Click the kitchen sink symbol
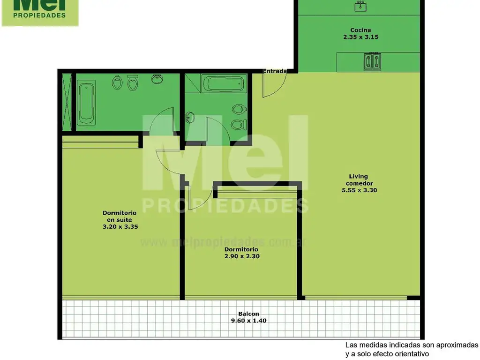tap(360, 6)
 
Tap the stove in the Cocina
tap(372, 61)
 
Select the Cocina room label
tap(360, 30)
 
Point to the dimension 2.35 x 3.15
tap(360, 37)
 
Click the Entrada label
tap(275, 71)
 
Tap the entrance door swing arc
tap(281, 89)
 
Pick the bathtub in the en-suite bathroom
tap(86, 102)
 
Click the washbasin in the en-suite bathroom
tap(157, 79)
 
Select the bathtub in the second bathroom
tap(224, 83)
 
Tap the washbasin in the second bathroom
tap(190, 117)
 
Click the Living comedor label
tap(359, 180)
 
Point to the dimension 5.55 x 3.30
tap(360, 190)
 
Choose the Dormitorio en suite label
tap(120, 216)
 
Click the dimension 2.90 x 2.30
tap(242, 256)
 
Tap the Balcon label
tap(248, 314)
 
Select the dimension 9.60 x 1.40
tap(248, 321)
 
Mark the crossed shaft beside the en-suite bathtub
tap(67, 102)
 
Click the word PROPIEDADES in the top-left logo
tap(39, 15)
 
